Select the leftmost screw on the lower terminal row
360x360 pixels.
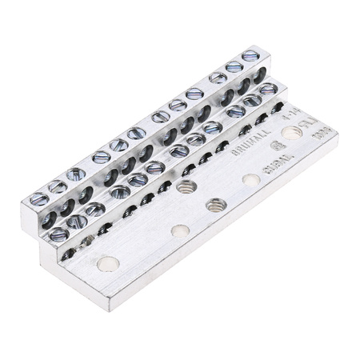[58, 234]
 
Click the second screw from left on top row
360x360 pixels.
[58, 187]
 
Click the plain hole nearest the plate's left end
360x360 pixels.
[105, 262]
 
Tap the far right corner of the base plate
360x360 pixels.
[337, 146]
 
